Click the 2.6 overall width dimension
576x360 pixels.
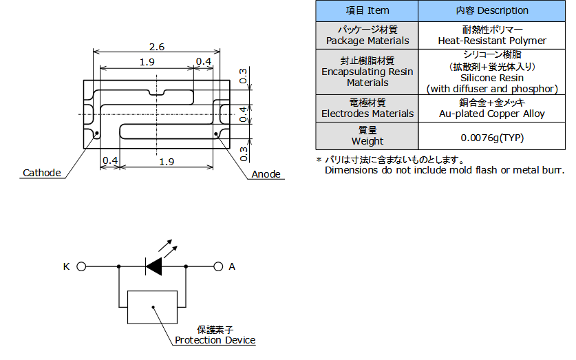(157, 47)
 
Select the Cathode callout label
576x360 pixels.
(42, 173)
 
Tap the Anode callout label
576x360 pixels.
(266, 174)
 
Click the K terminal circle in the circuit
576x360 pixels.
(81, 266)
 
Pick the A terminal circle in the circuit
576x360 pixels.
(218, 266)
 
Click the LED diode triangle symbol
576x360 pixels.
(154, 266)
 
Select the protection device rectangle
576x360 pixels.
(153, 307)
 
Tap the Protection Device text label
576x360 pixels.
(215, 340)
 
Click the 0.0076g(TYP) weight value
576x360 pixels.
(492, 138)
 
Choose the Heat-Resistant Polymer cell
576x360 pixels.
(492, 35)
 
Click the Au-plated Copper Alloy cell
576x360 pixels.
(492, 109)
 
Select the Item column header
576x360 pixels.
(367, 10)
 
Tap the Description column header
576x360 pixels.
(492, 10)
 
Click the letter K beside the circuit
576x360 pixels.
(67, 266)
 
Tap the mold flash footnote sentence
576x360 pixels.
(445, 171)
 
